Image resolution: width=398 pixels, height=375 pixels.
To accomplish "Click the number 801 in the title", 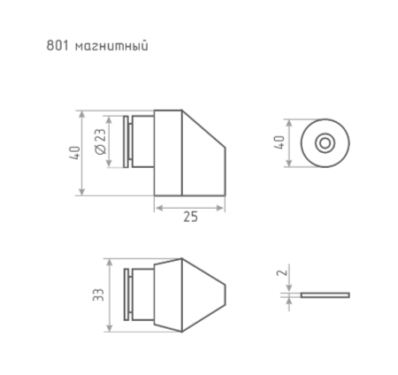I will pyautogui.click(x=56, y=44).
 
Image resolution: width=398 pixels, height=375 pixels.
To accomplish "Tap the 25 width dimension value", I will pyautogui.click(x=189, y=217).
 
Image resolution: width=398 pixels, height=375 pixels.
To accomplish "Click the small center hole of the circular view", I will pyautogui.click(x=325, y=142).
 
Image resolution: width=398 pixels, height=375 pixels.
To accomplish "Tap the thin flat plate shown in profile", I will pyautogui.click(x=325, y=295).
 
